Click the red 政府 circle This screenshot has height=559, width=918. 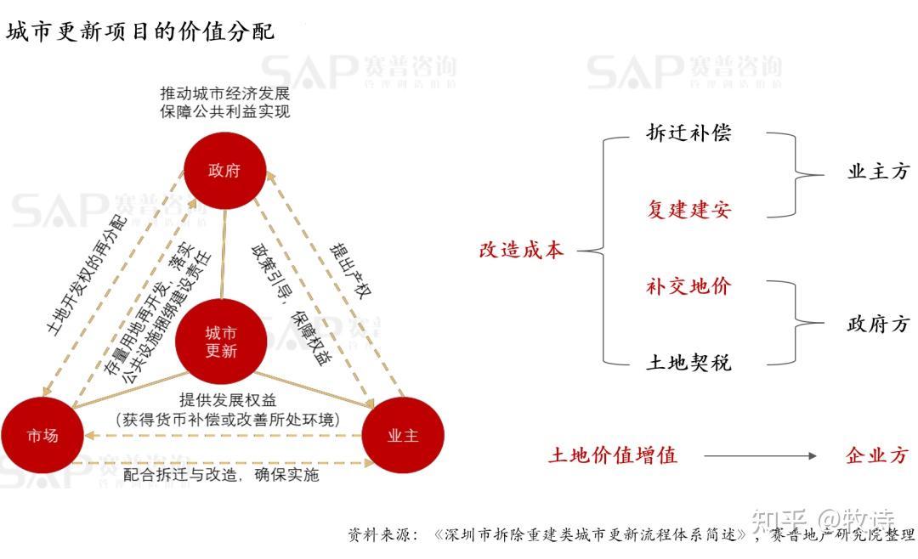click(224, 171)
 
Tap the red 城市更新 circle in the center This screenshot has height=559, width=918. click(221, 342)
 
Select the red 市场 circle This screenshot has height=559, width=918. click(42, 436)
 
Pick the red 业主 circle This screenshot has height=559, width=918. click(403, 436)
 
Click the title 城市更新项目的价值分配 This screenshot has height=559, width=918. click(140, 31)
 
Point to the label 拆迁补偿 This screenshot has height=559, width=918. click(688, 133)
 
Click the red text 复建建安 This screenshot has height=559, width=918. click(688, 209)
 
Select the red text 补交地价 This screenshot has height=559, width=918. click(688, 285)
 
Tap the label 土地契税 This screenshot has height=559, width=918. click(688, 362)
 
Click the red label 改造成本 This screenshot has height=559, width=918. click(521, 250)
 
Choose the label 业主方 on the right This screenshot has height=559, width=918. click(878, 171)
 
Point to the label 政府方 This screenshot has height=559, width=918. click(878, 323)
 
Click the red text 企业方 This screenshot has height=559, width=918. click(877, 455)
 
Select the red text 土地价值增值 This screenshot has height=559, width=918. click(612, 455)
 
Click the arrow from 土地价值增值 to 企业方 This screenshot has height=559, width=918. click(760, 455)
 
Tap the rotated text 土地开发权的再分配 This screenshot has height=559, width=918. click(86, 275)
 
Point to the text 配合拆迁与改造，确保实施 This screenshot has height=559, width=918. click(221, 474)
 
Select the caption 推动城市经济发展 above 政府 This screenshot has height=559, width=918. click(224, 93)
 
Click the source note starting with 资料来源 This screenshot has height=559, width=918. click(631, 534)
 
